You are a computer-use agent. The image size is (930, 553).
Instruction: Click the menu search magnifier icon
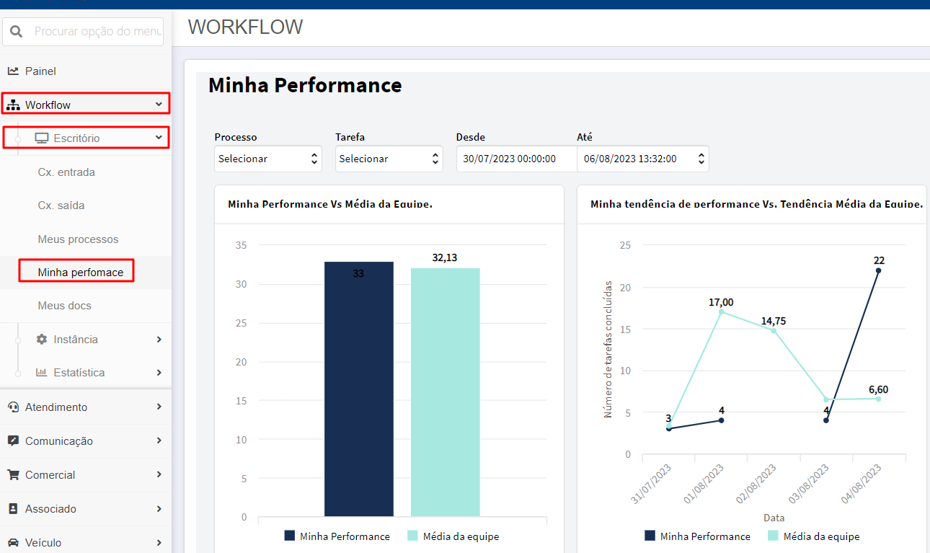tap(16, 31)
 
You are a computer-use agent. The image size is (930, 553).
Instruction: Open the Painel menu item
tap(40, 71)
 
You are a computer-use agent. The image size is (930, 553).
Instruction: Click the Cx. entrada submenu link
tap(66, 172)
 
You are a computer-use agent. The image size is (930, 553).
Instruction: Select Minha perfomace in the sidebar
tap(81, 272)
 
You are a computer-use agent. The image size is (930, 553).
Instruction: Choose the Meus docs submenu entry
tap(64, 306)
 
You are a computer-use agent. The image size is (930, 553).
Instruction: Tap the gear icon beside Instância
tap(42, 339)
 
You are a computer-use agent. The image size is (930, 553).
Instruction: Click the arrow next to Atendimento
tap(159, 407)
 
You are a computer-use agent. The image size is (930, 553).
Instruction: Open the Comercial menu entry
tap(50, 474)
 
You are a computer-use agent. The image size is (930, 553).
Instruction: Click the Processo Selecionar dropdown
tap(267, 159)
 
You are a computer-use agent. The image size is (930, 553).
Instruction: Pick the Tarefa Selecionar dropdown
tap(389, 159)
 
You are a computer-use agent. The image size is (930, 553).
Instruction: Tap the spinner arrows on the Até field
tap(701, 159)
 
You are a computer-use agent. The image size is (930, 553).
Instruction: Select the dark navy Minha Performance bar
tap(359, 389)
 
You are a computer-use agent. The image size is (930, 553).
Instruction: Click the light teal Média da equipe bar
tap(445, 392)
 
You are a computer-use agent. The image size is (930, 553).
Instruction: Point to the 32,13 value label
tap(444, 257)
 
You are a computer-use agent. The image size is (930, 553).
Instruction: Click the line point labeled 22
tap(878, 270)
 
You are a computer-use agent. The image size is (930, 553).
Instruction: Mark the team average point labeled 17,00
tap(721, 311)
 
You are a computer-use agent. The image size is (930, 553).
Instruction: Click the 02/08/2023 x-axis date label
tap(756, 484)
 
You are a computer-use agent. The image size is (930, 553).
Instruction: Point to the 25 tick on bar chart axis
tap(242, 323)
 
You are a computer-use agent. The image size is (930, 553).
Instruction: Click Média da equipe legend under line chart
tap(814, 536)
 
